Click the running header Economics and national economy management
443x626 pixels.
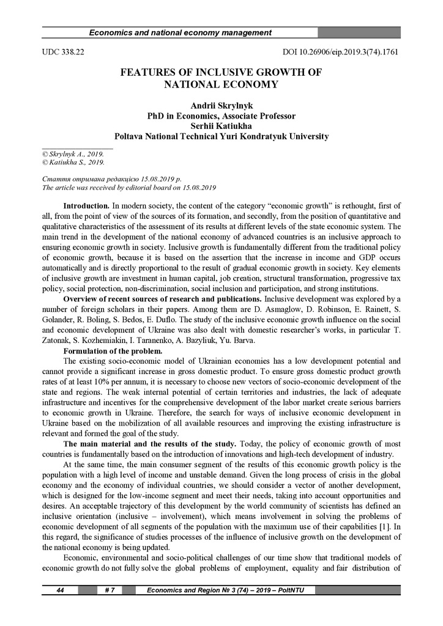pos(181,32)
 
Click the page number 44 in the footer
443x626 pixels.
pos(60,590)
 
